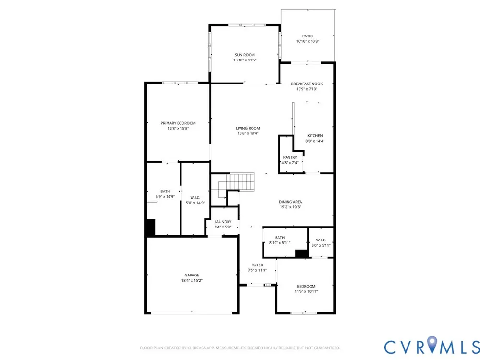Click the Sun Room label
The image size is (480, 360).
pyautogui.click(x=245, y=55)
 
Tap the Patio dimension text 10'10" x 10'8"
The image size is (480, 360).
pyautogui.click(x=308, y=41)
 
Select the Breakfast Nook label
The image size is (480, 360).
pyautogui.click(x=307, y=84)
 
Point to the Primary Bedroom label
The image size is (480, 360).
pyautogui.click(x=178, y=123)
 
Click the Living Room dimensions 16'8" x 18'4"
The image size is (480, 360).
pyautogui.click(x=248, y=133)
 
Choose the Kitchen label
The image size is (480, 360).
pyautogui.click(x=315, y=136)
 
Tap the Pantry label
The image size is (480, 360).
pyautogui.click(x=290, y=157)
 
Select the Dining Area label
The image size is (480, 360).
pyautogui.click(x=290, y=202)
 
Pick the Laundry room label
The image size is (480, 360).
pyautogui.click(x=223, y=222)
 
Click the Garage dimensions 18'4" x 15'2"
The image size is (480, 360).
pyautogui.click(x=192, y=280)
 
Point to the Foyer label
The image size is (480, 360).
pyautogui.click(x=257, y=265)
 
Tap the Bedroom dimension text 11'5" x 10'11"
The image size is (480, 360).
pyautogui.click(x=306, y=291)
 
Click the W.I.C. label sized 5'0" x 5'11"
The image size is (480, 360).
pyautogui.click(x=321, y=240)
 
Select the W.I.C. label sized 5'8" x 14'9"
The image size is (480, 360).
pyautogui.click(x=195, y=197)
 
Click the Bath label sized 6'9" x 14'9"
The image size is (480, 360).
pyautogui.click(x=165, y=192)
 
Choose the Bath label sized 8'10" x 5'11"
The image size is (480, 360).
pyautogui.click(x=280, y=238)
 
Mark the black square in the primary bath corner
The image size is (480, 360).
pyautogui.click(x=151, y=227)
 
